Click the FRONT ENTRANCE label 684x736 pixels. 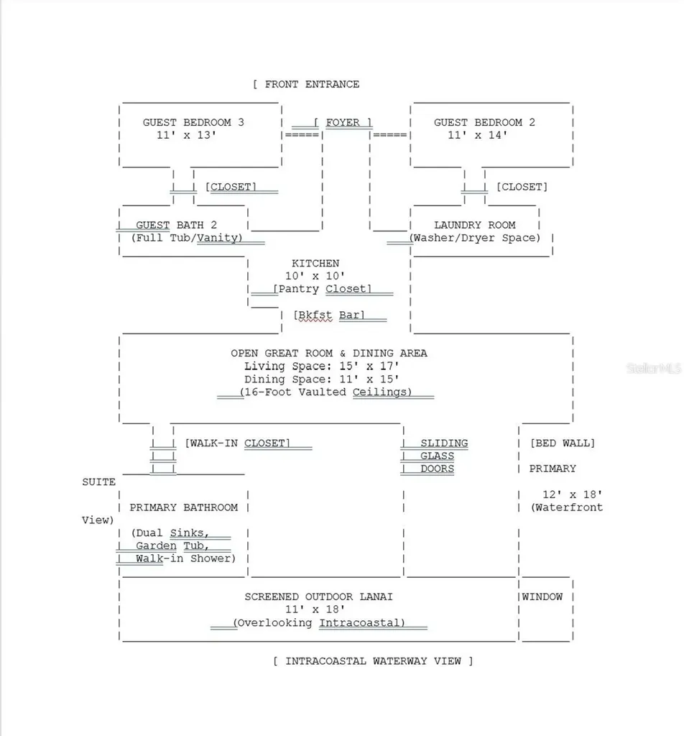coord(312,85)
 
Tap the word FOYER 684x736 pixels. coord(343,122)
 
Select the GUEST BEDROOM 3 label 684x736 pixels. coord(193,122)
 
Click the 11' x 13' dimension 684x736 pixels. coord(186,135)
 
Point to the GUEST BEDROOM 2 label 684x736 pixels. coord(484,122)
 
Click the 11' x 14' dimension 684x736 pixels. coord(477,135)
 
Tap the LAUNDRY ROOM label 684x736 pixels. coord(474,225)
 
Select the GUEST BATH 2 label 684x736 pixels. coord(177,225)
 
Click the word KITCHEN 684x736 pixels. coord(315,263)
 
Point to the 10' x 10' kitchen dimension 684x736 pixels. coord(315,276)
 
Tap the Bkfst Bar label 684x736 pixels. coord(329,315)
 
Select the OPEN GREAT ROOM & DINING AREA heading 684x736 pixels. coord(329,354)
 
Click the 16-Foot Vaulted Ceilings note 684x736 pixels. coord(325,392)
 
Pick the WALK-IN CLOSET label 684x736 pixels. coord(237,443)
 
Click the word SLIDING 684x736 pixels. coord(444,443)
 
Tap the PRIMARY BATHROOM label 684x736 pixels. coord(183,507)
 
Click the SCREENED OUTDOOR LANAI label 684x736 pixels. coord(318,597)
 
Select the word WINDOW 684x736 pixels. coord(542,597)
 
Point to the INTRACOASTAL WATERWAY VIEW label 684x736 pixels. coord(373,661)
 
